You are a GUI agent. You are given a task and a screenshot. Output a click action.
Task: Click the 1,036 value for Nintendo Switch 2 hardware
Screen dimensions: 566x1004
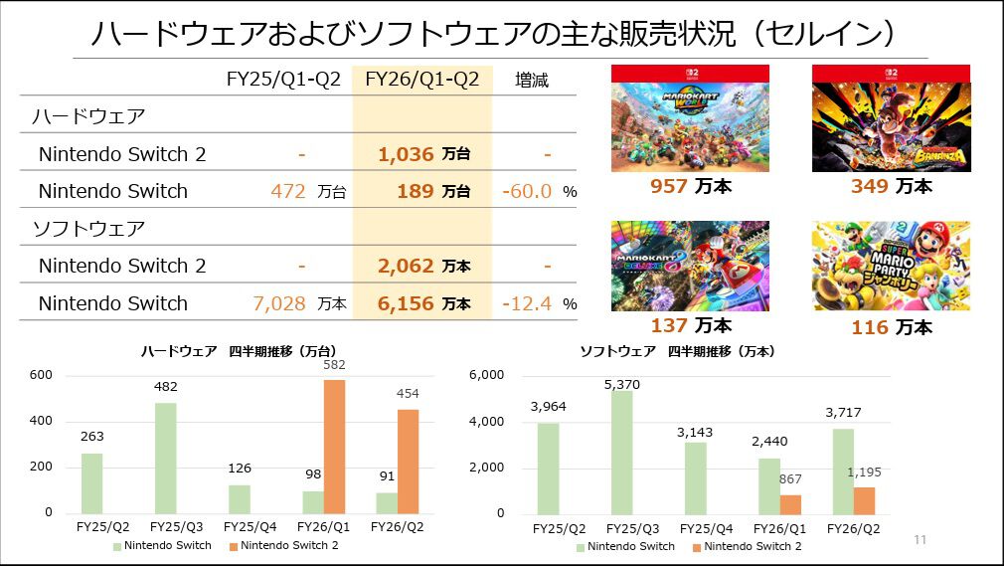406,154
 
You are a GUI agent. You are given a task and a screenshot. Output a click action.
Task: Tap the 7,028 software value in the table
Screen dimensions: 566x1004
279,303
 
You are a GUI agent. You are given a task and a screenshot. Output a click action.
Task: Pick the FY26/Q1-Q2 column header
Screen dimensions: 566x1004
421,80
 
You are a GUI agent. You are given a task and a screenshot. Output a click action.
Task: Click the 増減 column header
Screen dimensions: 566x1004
532,80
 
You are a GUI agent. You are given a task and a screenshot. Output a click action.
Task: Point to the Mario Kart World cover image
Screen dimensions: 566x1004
690,118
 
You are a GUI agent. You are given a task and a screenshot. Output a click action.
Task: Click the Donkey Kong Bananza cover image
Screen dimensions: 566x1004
891,118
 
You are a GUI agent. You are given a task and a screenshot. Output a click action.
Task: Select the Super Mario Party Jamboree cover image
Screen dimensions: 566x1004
891,266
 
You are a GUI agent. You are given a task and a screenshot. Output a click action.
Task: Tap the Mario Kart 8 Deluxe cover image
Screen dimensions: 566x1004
690,266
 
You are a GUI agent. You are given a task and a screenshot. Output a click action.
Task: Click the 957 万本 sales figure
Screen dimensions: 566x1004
690,185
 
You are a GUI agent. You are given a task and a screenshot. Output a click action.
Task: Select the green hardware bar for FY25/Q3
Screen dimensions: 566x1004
166,458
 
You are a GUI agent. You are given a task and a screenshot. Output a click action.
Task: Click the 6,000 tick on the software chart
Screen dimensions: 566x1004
487,375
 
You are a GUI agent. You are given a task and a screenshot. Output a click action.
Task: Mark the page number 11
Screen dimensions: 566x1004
920,539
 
